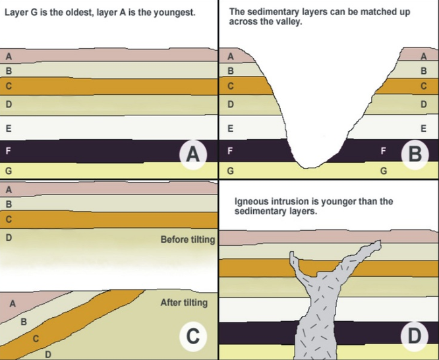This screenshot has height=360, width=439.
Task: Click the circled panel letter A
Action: [193, 154]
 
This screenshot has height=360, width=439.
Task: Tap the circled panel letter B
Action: [415, 154]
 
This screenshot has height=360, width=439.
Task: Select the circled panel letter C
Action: [193, 336]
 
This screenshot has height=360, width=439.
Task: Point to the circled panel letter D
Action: [415, 336]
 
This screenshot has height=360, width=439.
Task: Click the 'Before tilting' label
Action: [188, 240]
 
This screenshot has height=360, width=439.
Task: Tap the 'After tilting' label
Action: [184, 303]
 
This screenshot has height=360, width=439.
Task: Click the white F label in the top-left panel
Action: [9, 151]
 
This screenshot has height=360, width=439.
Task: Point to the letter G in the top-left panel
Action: [9, 171]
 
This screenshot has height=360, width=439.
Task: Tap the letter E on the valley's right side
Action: [424, 129]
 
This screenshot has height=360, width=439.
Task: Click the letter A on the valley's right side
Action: [424, 56]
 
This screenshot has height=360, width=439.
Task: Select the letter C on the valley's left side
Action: [231, 86]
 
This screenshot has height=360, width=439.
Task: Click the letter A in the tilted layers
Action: [13, 304]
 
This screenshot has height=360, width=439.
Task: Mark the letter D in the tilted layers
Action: [48, 355]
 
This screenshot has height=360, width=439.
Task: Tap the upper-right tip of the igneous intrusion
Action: [380, 241]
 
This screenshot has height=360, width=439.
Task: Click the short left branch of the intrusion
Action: [293, 262]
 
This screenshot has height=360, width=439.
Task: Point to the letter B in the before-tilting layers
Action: [9, 204]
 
